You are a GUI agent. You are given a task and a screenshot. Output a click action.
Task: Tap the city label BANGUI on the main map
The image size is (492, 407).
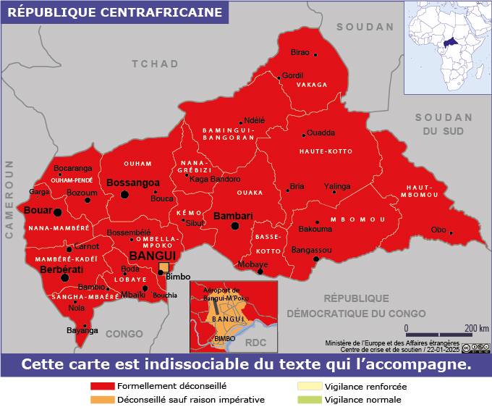[x=152, y=256]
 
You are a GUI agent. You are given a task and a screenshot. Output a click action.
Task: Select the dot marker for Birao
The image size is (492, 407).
[x=315, y=54]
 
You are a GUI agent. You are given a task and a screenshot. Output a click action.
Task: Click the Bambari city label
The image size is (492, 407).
[x=233, y=216]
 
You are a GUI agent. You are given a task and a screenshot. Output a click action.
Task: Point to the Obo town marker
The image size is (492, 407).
[x=451, y=232]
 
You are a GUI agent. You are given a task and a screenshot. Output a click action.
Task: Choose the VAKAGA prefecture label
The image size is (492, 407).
[x=312, y=85]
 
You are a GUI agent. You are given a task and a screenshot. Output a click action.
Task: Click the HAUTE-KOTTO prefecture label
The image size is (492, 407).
[x=326, y=151]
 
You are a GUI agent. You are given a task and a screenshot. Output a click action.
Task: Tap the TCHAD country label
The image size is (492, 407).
[x=155, y=64]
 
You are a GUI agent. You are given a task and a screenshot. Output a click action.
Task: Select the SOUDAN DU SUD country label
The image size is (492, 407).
[x=443, y=124]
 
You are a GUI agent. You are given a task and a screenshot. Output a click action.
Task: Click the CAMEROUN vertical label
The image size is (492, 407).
[x=10, y=199]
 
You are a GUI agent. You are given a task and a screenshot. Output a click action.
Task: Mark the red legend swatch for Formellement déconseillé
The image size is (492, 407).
[x=102, y=387]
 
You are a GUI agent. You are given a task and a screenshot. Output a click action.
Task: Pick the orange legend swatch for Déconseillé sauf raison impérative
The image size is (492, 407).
[x=102, y=399]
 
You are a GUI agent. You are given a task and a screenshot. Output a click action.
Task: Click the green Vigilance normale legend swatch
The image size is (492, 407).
[x=309, y=399]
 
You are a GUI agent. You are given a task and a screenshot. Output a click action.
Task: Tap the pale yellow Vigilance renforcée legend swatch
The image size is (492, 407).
[x=309, y=387]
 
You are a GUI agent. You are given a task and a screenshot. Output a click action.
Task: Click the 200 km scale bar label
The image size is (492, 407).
[x=477, y=328]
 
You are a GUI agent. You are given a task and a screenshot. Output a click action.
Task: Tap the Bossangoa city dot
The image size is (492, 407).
[x=124, y=195]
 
